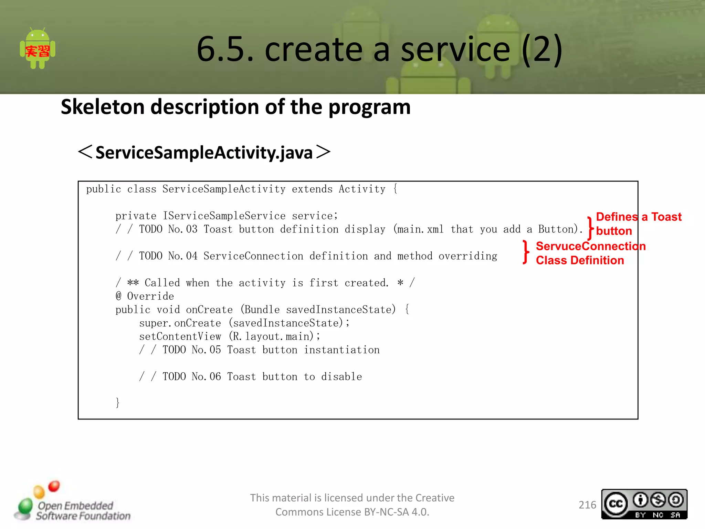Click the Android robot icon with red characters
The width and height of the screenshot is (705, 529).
(x=38, y=49)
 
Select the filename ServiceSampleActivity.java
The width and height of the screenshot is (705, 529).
(x=204, y=153)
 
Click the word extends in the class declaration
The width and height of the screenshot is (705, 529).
(x=312, y=189)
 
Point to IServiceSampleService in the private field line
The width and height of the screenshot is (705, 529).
(x=224, y=216)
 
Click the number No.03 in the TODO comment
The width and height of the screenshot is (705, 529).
(x=183, y=229)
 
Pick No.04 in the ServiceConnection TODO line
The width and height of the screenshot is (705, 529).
(x=183, y=256)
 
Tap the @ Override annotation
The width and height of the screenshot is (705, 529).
(x=145, y=296)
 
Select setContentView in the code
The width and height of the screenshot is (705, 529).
(x=180, y=336)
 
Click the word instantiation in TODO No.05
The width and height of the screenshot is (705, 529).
(x=341, y=350)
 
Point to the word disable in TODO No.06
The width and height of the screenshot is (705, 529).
(x=341, y=377)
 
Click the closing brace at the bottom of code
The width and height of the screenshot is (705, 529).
(x=118, y=403)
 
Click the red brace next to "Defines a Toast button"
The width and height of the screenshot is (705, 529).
(x=590, y=228)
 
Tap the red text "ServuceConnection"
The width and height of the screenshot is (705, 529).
(x=591, y=246)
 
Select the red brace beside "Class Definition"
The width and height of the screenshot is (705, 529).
(x=525, y=252)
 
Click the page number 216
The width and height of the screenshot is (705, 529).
(x=587, y=505)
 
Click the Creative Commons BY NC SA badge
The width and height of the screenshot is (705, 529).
(x=644, y=504)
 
